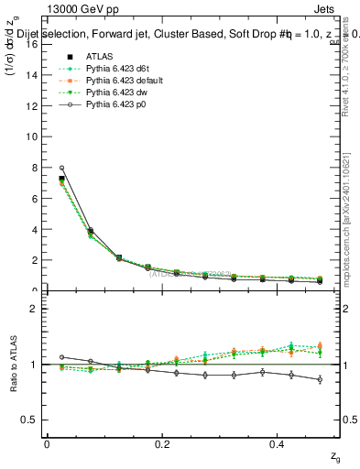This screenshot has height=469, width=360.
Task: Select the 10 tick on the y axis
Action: (x=33, y=136)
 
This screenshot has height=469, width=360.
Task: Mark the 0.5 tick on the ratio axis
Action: (x=33, y=420)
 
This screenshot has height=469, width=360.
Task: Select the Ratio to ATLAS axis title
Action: (x=13, y=365)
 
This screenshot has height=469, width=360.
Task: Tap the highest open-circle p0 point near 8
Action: (x=61, y=168)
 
